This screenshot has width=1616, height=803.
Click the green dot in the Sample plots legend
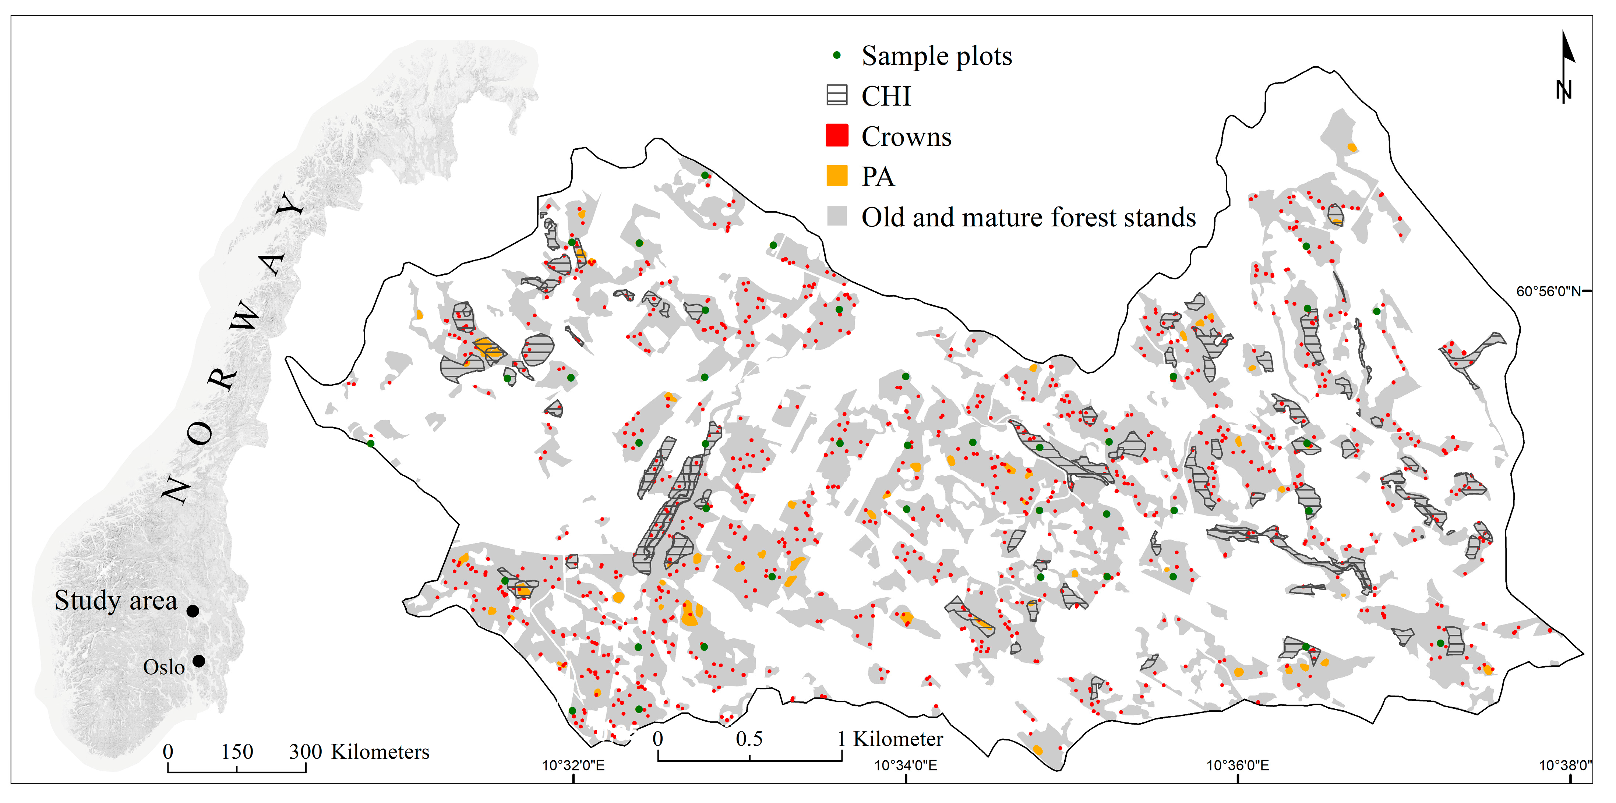[836, 55]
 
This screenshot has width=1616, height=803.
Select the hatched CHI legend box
[836, 95]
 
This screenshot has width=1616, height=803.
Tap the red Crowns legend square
[836, 135]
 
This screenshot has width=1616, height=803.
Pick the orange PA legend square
[836, 176]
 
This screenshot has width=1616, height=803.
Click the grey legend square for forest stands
[836, 216]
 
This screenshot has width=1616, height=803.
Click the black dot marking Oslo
[199, 661]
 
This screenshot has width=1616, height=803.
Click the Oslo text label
[164, 667]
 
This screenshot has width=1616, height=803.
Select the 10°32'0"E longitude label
[573, 765]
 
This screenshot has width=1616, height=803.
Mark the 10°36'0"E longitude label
[1237, 765]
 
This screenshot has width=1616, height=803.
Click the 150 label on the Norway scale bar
[237, 751]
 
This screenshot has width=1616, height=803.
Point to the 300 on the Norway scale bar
[306, 751]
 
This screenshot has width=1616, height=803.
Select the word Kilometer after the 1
[898, 739]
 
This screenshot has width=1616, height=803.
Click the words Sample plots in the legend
[936, 56]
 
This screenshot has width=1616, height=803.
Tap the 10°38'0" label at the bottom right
[1564, 765]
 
